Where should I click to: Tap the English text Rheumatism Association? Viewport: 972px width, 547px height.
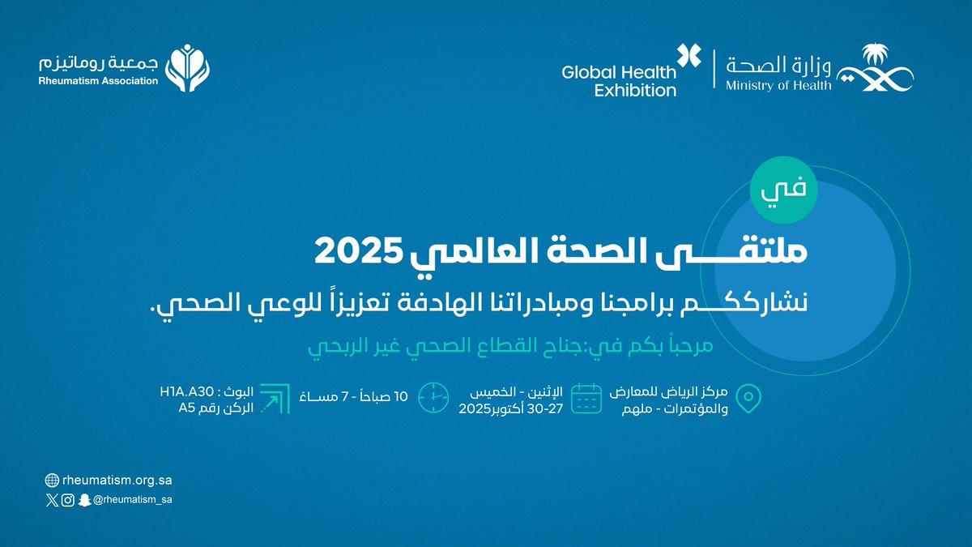click(x=98, y=81)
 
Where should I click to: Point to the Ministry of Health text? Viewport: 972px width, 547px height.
click(x=778, y=84)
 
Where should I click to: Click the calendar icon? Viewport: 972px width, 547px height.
click(x=586, y=398)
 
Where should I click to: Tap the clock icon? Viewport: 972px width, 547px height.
click(x=433, y=396)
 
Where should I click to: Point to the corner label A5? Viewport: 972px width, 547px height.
click(x=189, y=408)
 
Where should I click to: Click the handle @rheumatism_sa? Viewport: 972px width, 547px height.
click(x=133, y=500)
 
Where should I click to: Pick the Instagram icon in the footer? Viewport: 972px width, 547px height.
click(x=68, y=500)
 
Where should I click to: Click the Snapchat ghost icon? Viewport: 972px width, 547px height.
click(x=84, y=500)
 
